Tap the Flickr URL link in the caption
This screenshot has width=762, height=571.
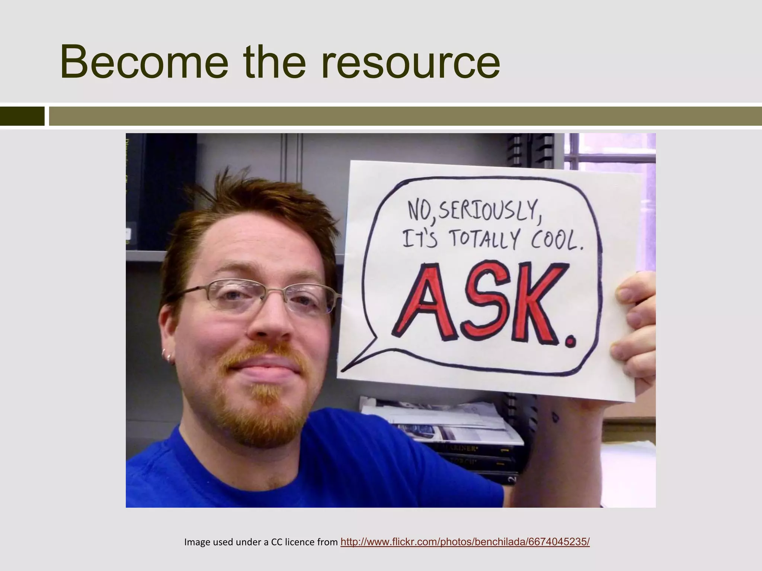click(x=465, y=542)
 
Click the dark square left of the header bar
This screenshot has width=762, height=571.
click(x=22, y=116)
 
